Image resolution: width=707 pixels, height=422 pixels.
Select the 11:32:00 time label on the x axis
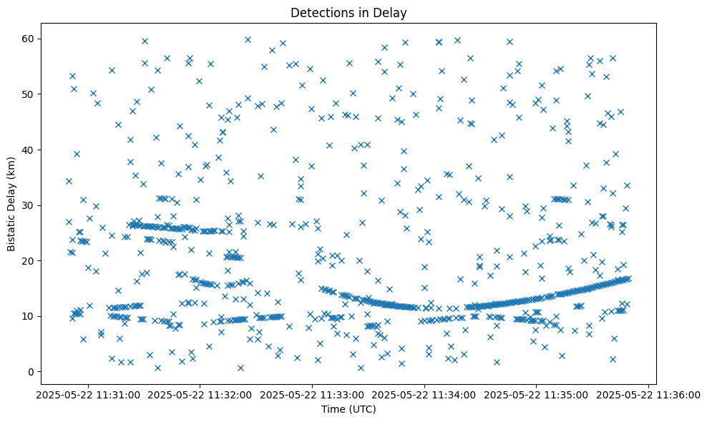point(200,394)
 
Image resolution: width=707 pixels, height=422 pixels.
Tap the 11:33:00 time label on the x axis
point(313,394)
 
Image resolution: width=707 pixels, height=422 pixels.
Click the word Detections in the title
point(318,12)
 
